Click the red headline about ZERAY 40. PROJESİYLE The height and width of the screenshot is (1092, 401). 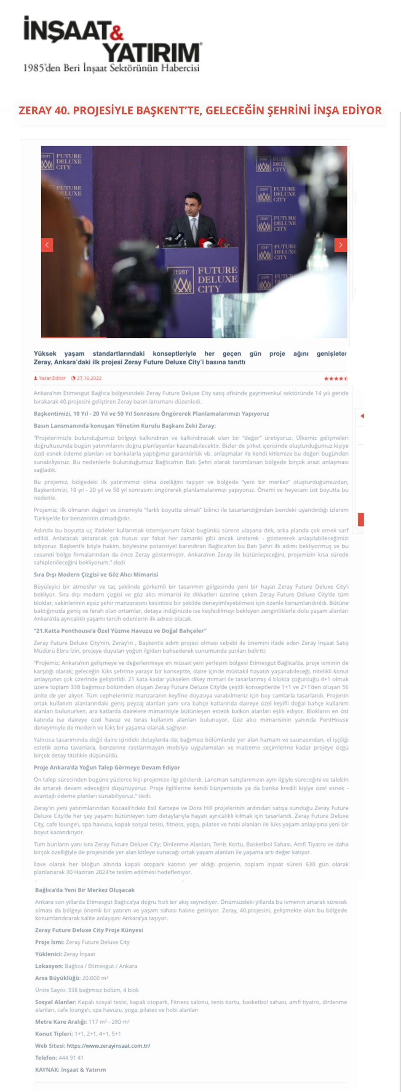tap(200, 111)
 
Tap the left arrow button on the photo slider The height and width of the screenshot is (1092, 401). tap(47, 245)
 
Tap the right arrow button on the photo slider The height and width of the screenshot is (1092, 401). tap(341, 245)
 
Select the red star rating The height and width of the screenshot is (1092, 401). tap(336, 379)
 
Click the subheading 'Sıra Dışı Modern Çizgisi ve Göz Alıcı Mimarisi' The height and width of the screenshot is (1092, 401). tap(96, 574)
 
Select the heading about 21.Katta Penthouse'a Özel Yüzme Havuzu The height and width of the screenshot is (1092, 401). tap(120, 630)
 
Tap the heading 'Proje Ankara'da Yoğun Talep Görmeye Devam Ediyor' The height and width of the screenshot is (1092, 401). tap(107, 767)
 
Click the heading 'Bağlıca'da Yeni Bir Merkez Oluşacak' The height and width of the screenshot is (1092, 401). tap(85, 890)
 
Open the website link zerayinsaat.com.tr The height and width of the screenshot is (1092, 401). tap(108, 1046)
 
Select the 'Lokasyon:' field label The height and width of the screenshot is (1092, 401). tap(49, 966)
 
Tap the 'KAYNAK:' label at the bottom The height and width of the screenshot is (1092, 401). tap(47, 1070)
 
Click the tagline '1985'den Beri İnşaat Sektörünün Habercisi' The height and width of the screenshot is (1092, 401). tap(111, 68)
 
